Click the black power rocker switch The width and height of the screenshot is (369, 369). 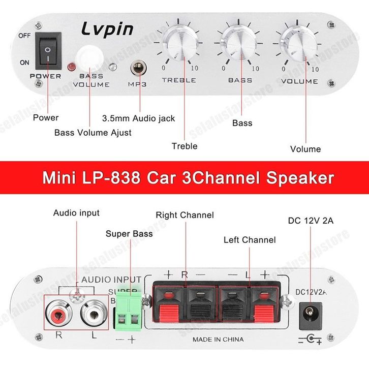[x=48, y=51]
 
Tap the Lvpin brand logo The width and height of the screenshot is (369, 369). [x=107, y=29]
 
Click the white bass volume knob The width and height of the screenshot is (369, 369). [x=89, y=57]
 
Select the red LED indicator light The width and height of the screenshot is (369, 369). [x=72, y=67]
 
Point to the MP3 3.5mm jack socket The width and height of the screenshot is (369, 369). [x=139, y=68]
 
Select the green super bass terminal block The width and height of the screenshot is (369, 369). [x=128, y=311]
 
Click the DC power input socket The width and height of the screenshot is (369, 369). [x=311, y=316]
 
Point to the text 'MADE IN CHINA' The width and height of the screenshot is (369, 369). [x=218, y=340]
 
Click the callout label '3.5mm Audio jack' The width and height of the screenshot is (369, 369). [x=139, y=118]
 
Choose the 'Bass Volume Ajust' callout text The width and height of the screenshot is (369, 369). [x=93, y=133]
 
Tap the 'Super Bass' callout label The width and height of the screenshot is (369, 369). [x=129, y=234]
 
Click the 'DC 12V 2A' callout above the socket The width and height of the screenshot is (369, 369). [x=311, y=221]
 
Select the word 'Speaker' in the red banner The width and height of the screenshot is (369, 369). [x=300, y=178]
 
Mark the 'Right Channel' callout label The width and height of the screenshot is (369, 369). [x=184, y=215]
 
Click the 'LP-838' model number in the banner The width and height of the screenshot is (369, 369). [x=111, y=177]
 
